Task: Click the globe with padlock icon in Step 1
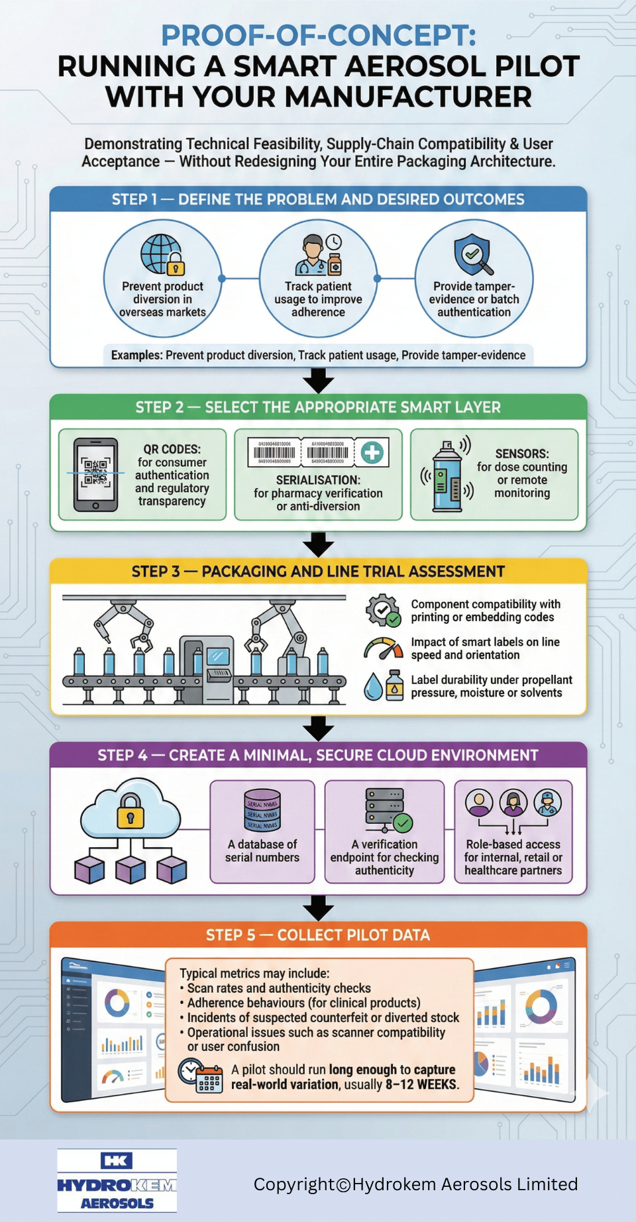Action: [x=162, y=254]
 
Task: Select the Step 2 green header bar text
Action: [x=318, y=407]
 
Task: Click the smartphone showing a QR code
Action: [x=96, y=474]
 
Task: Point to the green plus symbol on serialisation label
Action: [x=372, y=453]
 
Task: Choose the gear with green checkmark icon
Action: [x=383, y=610]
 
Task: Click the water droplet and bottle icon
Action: [x=384, y=686]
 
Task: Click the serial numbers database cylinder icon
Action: [x=262, y=810]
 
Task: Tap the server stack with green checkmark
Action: [x=388, y=810]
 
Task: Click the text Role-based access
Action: [x=513, y=844]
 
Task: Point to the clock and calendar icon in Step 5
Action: [x=200, y=1076]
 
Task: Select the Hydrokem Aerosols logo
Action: [x=117, y=1180]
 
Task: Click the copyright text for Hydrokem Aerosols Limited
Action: [x=415, y=1184]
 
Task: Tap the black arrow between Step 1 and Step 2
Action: [x=318, y=381]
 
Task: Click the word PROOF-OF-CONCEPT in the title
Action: [x=318, y=36]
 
